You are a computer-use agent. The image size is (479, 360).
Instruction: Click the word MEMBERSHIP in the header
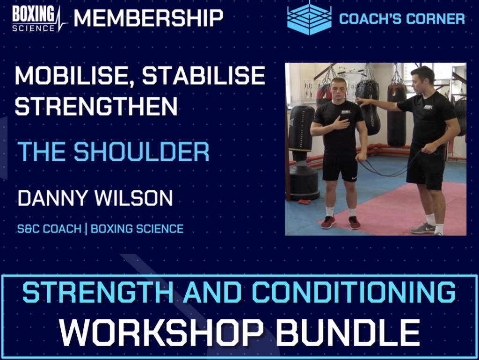(x=148, y=18)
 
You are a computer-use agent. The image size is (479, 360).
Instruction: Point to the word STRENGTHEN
(x=96, y=107)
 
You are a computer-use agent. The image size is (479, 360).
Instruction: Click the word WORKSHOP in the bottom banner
(x=162, y=331)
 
